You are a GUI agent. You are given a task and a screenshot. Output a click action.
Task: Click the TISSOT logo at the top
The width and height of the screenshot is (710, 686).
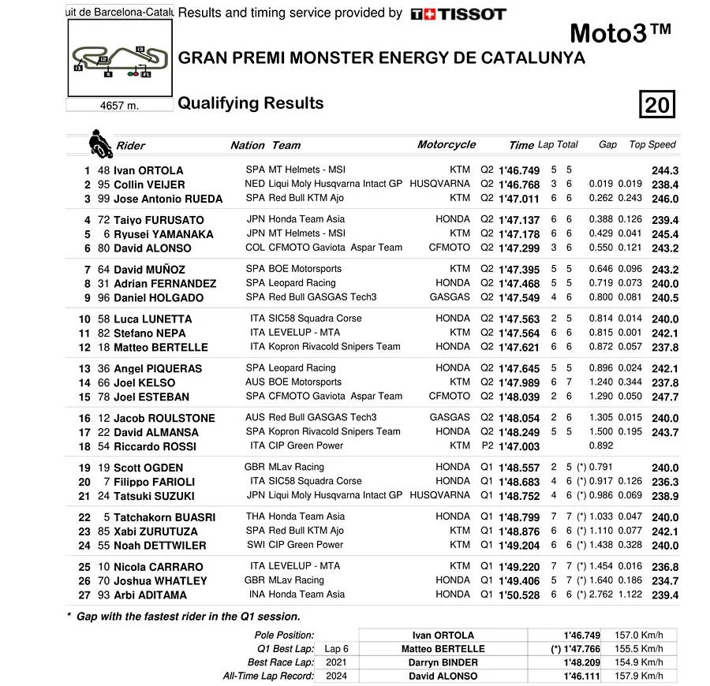click(x=458, y=13)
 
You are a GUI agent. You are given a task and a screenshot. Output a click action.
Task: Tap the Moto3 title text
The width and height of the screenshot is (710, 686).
click(x=620, y=34)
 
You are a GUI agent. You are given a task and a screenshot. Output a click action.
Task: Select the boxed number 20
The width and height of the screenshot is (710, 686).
click(x=657, y=104)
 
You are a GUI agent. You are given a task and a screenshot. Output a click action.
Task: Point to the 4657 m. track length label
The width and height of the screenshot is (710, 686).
click(x=119, y=106)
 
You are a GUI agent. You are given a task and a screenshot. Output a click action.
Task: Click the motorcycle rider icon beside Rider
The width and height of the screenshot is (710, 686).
click(x=99, y=143)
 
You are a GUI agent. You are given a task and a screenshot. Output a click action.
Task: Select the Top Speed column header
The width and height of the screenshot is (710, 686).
click(x=652, y=144)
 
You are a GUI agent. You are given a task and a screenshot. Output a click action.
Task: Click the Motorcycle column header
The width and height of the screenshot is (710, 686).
click(x=447, y=144)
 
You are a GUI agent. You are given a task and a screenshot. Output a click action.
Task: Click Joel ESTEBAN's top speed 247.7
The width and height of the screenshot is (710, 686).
click(x=665, y=397)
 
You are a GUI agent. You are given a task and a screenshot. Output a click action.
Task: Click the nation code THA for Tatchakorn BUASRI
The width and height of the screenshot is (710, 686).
click(x=255, y=516)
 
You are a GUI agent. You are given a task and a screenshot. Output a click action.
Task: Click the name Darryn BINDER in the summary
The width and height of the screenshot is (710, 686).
click(x=443, y=662)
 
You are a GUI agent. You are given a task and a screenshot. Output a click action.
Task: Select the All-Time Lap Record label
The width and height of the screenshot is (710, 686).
click(x=268, y=676)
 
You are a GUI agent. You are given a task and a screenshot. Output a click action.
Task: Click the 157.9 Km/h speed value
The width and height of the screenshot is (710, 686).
click(x=641, y=676)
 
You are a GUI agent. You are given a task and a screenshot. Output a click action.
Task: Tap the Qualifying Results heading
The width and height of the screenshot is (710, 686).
click(x=251, y=103)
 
